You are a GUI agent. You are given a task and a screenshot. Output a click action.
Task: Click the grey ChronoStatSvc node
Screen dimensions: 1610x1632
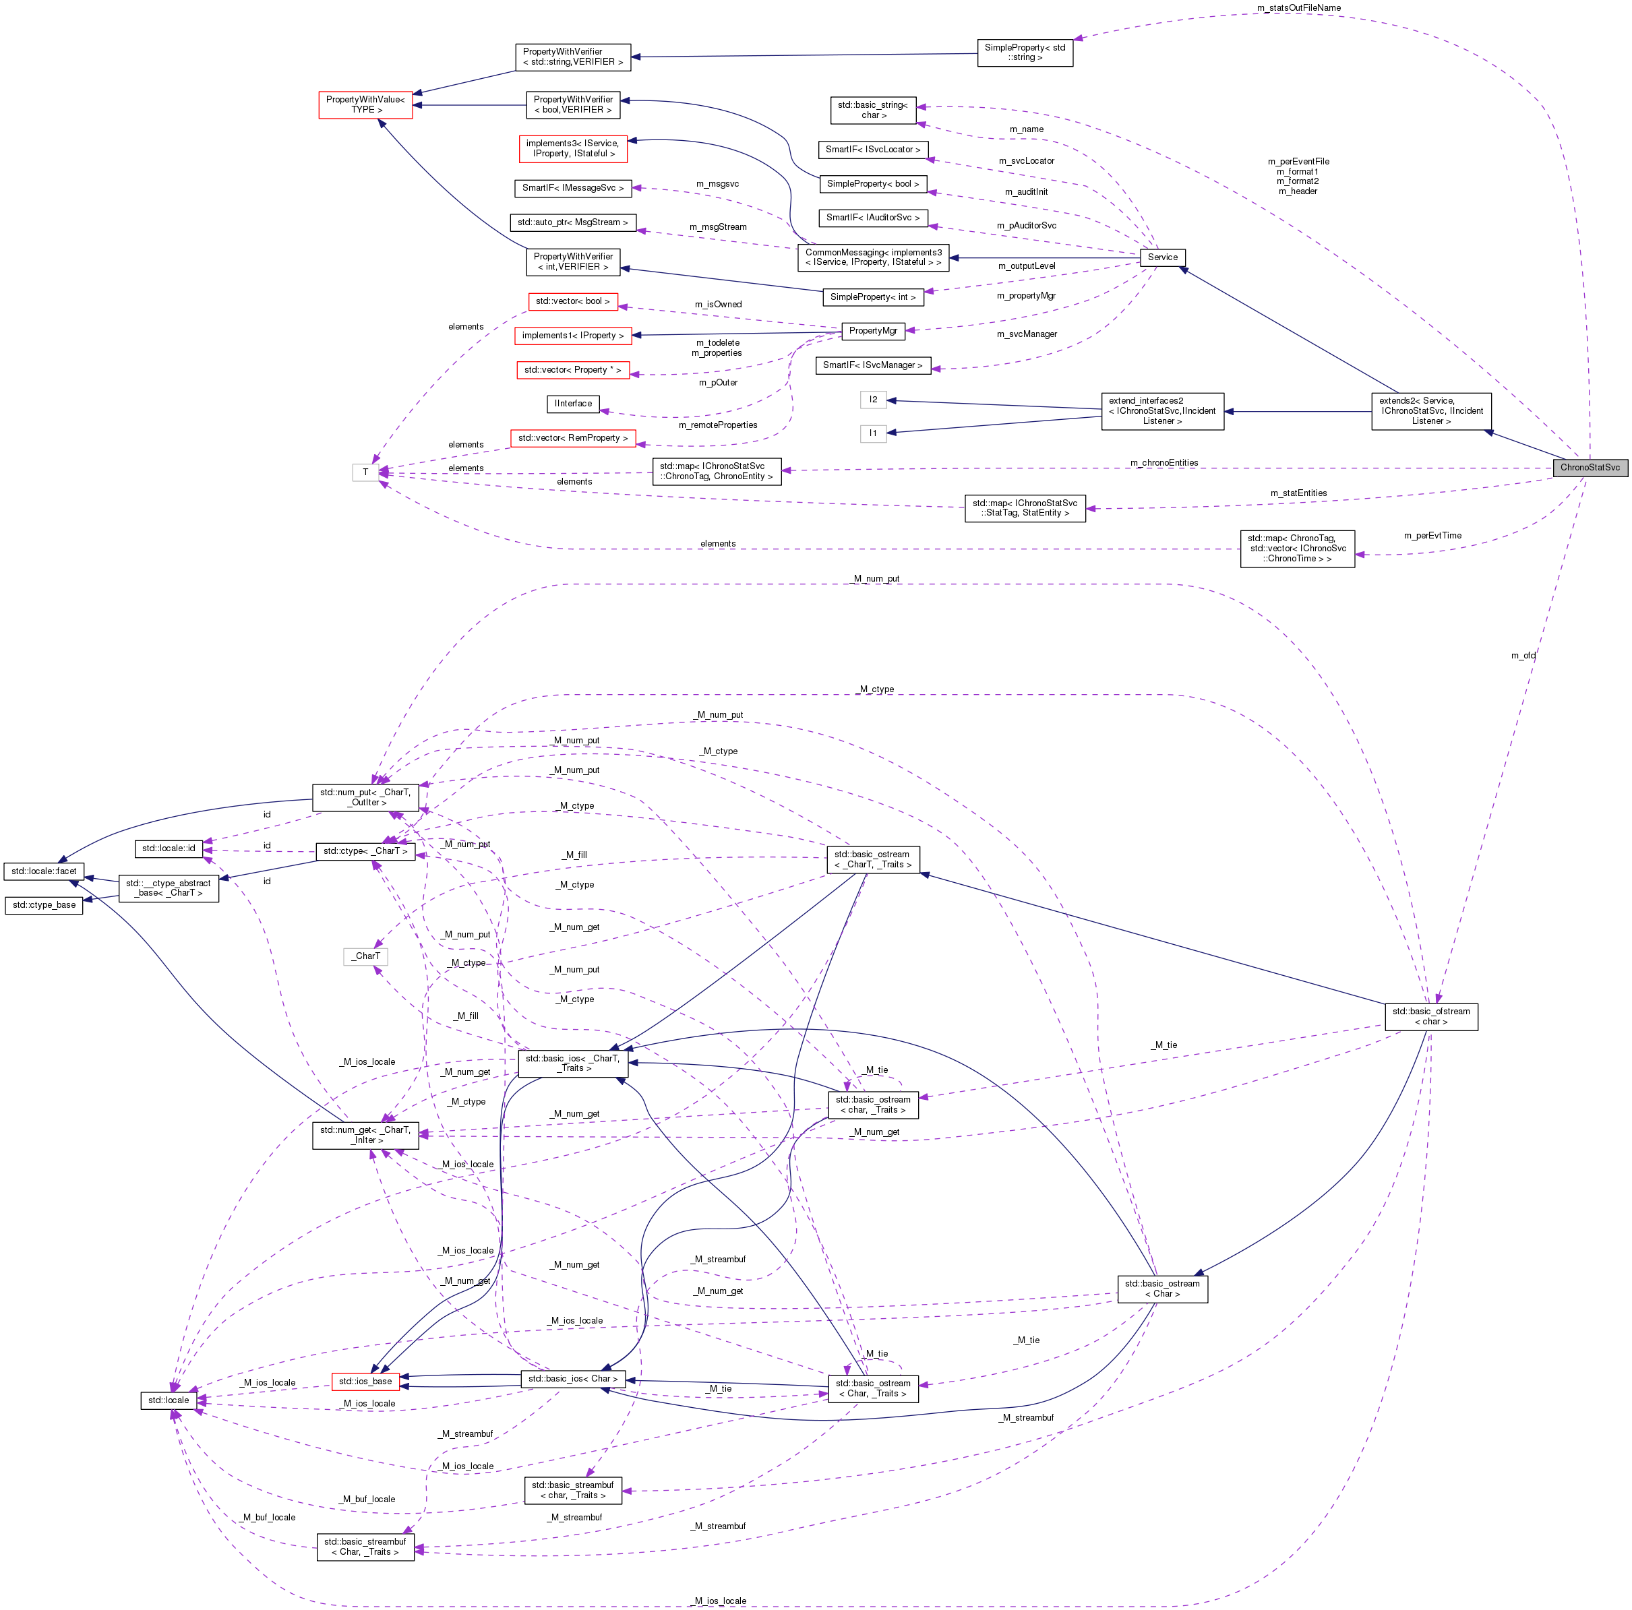tap(1589, 467)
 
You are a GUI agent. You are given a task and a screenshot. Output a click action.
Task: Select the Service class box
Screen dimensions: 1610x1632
tap(1161, 257)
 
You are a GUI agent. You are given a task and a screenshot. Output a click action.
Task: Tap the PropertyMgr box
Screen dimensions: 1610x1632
tap(872, 330)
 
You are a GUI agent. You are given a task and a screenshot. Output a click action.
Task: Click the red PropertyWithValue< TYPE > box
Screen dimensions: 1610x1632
tap(365, 104)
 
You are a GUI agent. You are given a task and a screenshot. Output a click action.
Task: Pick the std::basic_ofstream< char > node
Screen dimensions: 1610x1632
tap(1430, 1016)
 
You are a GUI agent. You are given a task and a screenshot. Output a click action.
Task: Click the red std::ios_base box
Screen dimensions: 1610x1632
tap(365, 1381)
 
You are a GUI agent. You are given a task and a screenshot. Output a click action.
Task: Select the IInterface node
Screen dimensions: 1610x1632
tap(573, 404)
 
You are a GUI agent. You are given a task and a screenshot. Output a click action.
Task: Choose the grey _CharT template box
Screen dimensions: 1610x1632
tap(366, 956)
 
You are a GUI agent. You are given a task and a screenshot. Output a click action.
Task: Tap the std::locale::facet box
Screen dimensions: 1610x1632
tap(44, 871)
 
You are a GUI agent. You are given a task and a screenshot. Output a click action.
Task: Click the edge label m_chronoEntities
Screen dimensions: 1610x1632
tap(1163, 462)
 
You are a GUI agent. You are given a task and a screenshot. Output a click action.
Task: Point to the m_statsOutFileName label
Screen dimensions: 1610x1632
tap(1298, 7)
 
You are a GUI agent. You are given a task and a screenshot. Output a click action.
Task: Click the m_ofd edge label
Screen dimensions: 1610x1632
tap(1522, 656)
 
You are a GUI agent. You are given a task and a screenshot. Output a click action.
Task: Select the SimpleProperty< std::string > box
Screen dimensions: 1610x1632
tap(1024, 53)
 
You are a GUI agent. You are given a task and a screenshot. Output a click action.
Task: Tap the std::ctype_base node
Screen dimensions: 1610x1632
tap(44, 904)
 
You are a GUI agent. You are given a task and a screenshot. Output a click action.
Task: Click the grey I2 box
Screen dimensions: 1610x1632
tap(872, 400)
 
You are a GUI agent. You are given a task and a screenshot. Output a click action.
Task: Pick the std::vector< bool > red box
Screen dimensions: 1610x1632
tap(572, 301)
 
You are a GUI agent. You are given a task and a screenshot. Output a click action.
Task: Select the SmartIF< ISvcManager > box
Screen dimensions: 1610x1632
tap(872, 365)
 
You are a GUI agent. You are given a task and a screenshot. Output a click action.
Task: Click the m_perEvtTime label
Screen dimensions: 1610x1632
tap(1432, 536)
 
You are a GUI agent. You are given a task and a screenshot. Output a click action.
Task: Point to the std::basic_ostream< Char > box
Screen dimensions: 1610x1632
tap(1161, 1288)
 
